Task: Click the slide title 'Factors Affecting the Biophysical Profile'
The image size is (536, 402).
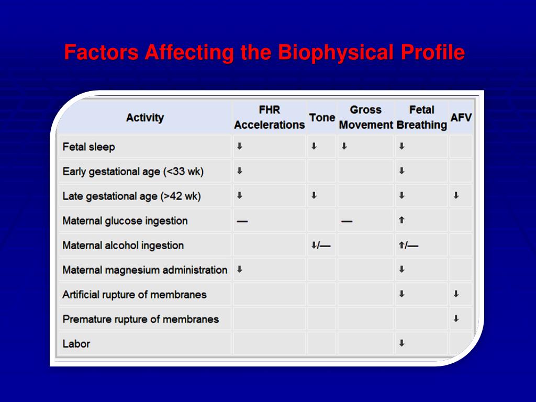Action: (x=264, y=53)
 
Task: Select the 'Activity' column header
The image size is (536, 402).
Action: (x=144, y=118)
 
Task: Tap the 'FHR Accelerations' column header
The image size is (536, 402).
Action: (x=269, y=117)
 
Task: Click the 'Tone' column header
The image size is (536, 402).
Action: (x=322, y=118)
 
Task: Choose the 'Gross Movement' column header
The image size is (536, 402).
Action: (x=365, y=117)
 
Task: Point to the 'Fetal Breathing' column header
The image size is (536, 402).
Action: (x=421, y=117)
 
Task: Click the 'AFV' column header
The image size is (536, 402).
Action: (x=461, y=118)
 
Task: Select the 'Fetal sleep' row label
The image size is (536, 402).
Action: (x=88, y=147)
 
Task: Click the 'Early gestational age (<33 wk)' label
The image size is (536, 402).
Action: (x=133, y=172)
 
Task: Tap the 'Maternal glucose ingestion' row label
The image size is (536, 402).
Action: (x=125, y=221)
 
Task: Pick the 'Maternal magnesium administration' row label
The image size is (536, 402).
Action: (x=144, y=270)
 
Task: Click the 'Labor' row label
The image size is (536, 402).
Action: (x=76, y=344)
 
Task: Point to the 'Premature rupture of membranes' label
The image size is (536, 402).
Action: (x=140, y=319)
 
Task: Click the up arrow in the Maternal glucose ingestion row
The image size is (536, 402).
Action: (x=401, y=221)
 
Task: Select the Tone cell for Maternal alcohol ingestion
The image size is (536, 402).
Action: (x=320, y=245)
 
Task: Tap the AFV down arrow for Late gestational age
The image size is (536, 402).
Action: (x=456, y=196)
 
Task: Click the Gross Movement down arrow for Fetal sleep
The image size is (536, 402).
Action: (x=344, y=147)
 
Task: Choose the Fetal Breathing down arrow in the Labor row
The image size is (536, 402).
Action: (x=401, y=344)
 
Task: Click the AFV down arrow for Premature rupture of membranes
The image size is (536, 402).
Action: (x=456, y=319)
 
